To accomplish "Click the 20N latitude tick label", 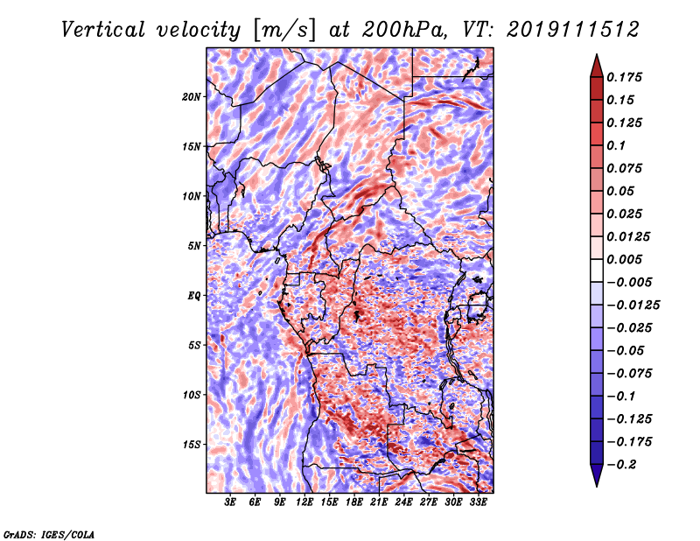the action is [x=192, y=97].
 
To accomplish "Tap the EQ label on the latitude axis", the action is [x=194, y=296].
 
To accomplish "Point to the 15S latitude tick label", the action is [x=192, y=445].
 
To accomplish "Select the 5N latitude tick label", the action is [x=194, y=246].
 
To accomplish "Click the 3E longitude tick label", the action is [x=230, y=502].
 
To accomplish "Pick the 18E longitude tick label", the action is [x=354, y=502].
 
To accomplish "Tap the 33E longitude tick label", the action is [x=478, y=502].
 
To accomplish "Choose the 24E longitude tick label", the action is [x=403, y=502].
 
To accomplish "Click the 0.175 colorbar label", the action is [x=624, y=77].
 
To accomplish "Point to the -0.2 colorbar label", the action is [x=621, y=465].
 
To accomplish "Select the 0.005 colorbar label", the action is [x=624, y=259].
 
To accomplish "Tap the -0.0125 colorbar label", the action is [x=633, y=306].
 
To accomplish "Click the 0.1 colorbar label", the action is [x=616, y=145].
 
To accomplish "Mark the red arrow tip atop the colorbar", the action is [x=597, y=54].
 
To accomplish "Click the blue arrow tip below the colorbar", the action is [x=597, y=486].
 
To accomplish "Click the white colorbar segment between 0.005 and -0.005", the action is [x=597, y=270].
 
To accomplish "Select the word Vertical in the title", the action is [x=103, y=30].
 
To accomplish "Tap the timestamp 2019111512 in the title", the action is [x=573, y=30].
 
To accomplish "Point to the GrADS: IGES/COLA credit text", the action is [x=49, y=534].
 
